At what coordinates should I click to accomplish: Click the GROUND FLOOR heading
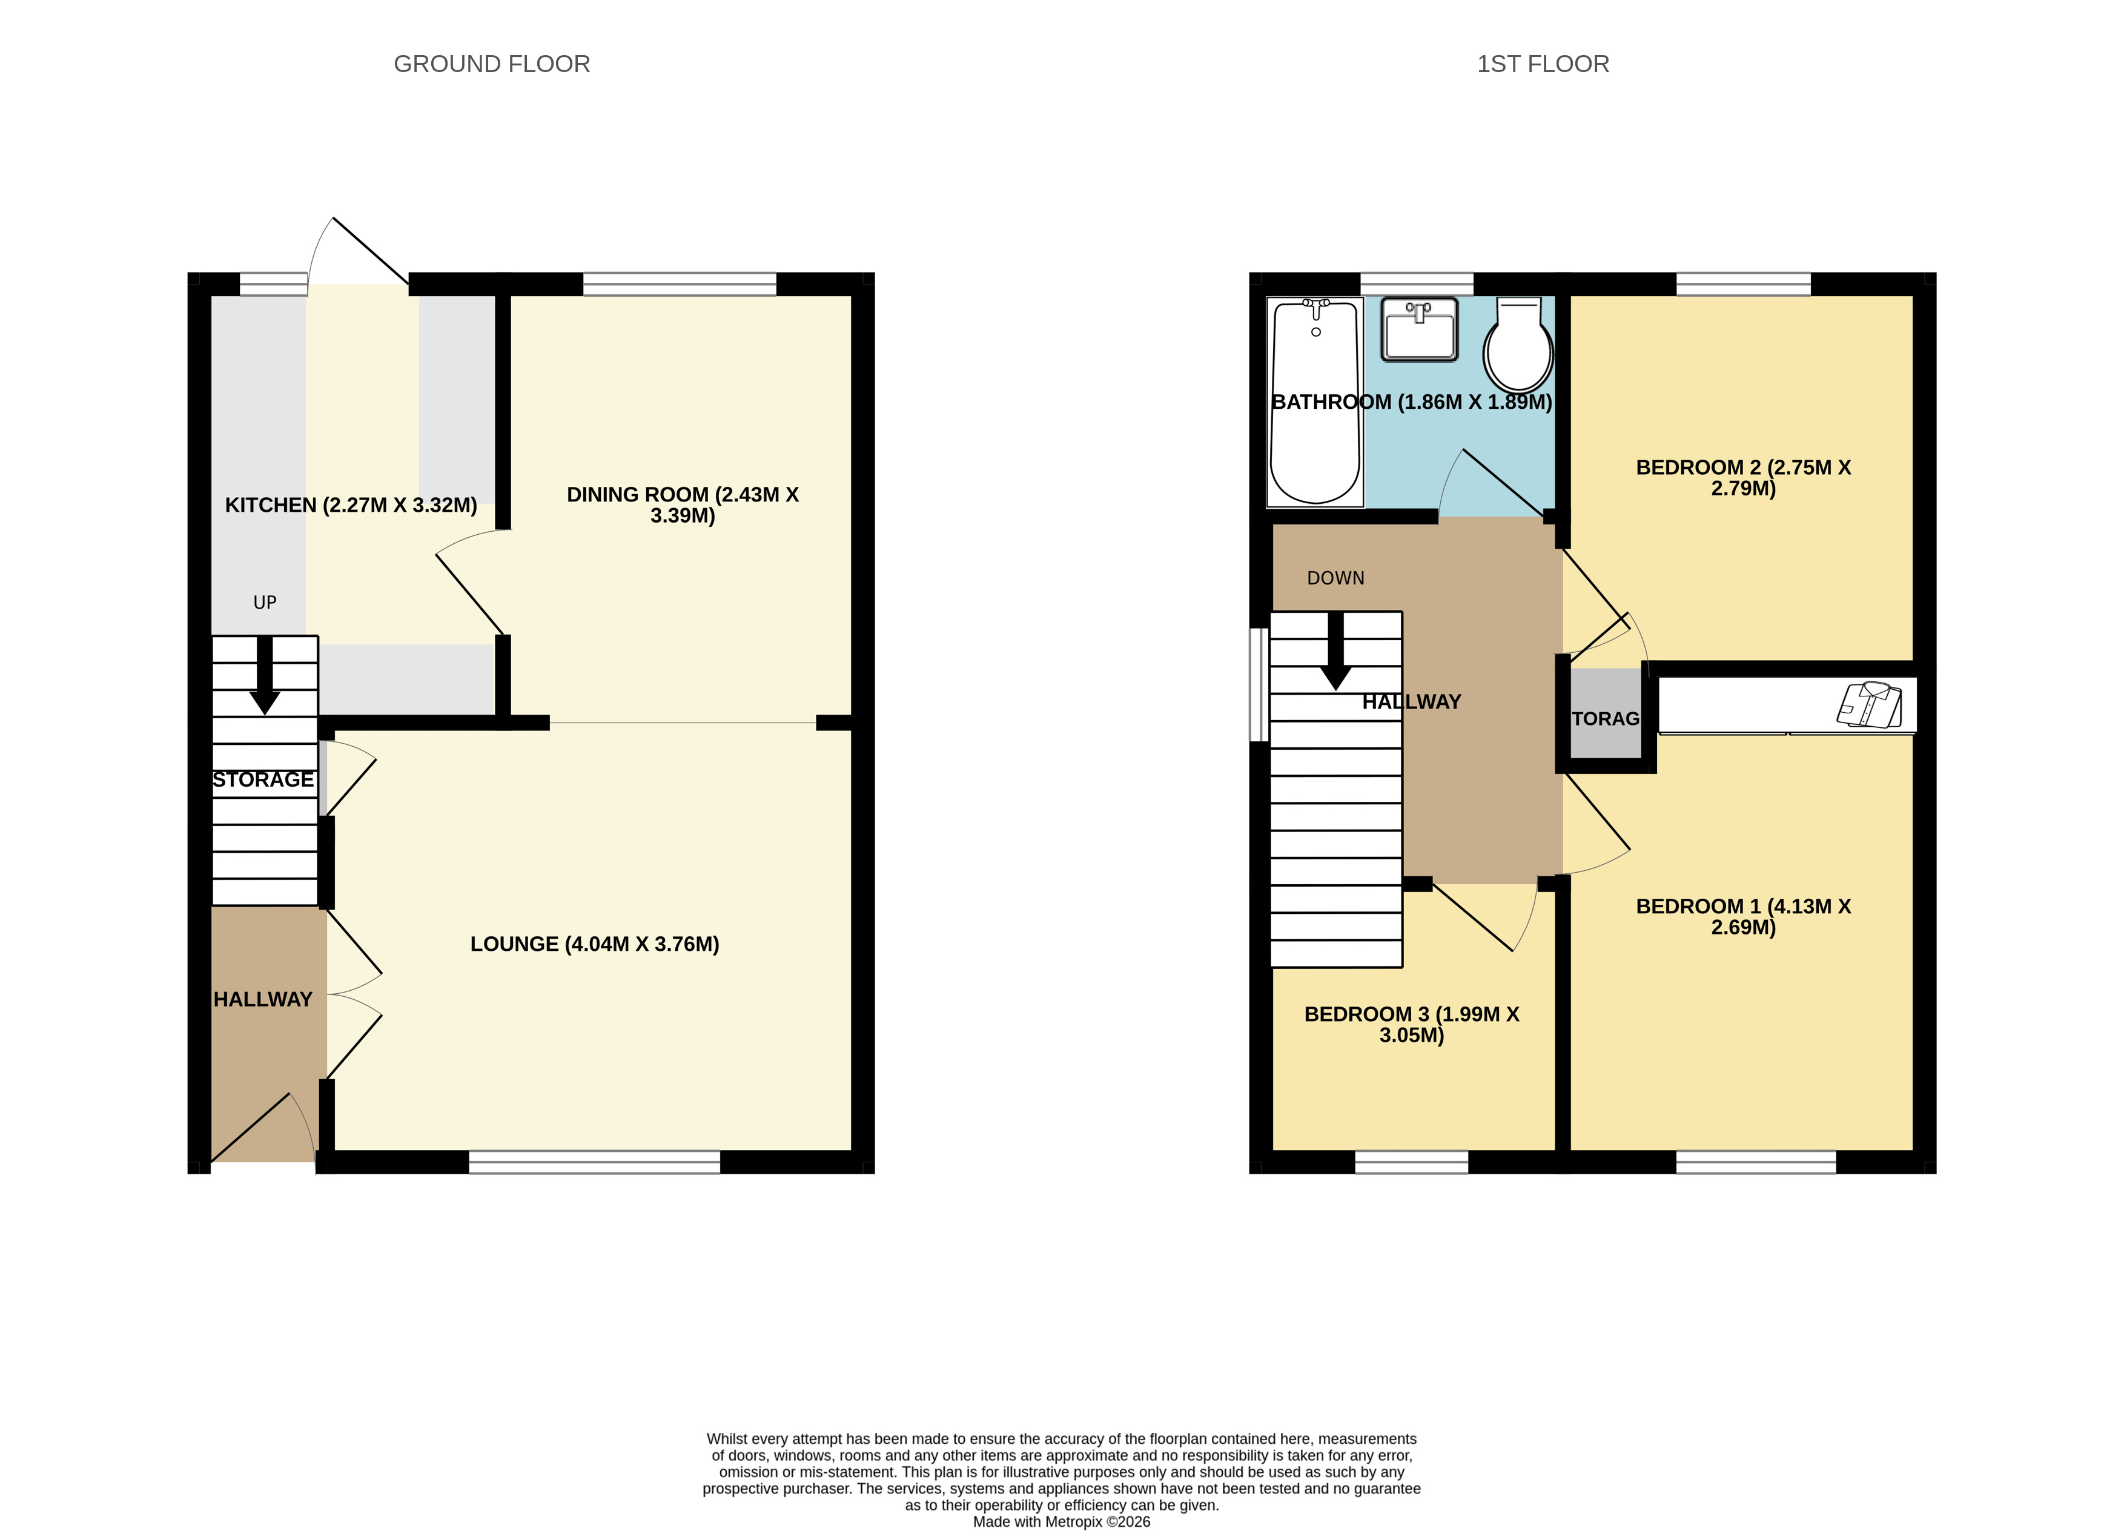[x=492, y=64]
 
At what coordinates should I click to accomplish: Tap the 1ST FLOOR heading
[x=1543, y=64]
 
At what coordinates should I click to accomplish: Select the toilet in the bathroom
[x=1518, y=346]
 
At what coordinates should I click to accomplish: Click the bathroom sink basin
[x=1420, y=329]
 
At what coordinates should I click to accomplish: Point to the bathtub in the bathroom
[x=1315, y=403]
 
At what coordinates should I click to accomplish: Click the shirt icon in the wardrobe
[x=1869, y=704]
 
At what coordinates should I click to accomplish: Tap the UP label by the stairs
[x=265, y=602]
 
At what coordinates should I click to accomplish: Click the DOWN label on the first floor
[x=1335, y=578]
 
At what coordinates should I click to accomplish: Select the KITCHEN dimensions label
[x=351, y=504]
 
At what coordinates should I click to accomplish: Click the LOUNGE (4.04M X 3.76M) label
[x=595, y=944]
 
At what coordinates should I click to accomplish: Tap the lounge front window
[x=595, y=1162]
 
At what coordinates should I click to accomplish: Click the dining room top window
[x=680, y=283]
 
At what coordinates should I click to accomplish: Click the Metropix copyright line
[x=1061, y=1522]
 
